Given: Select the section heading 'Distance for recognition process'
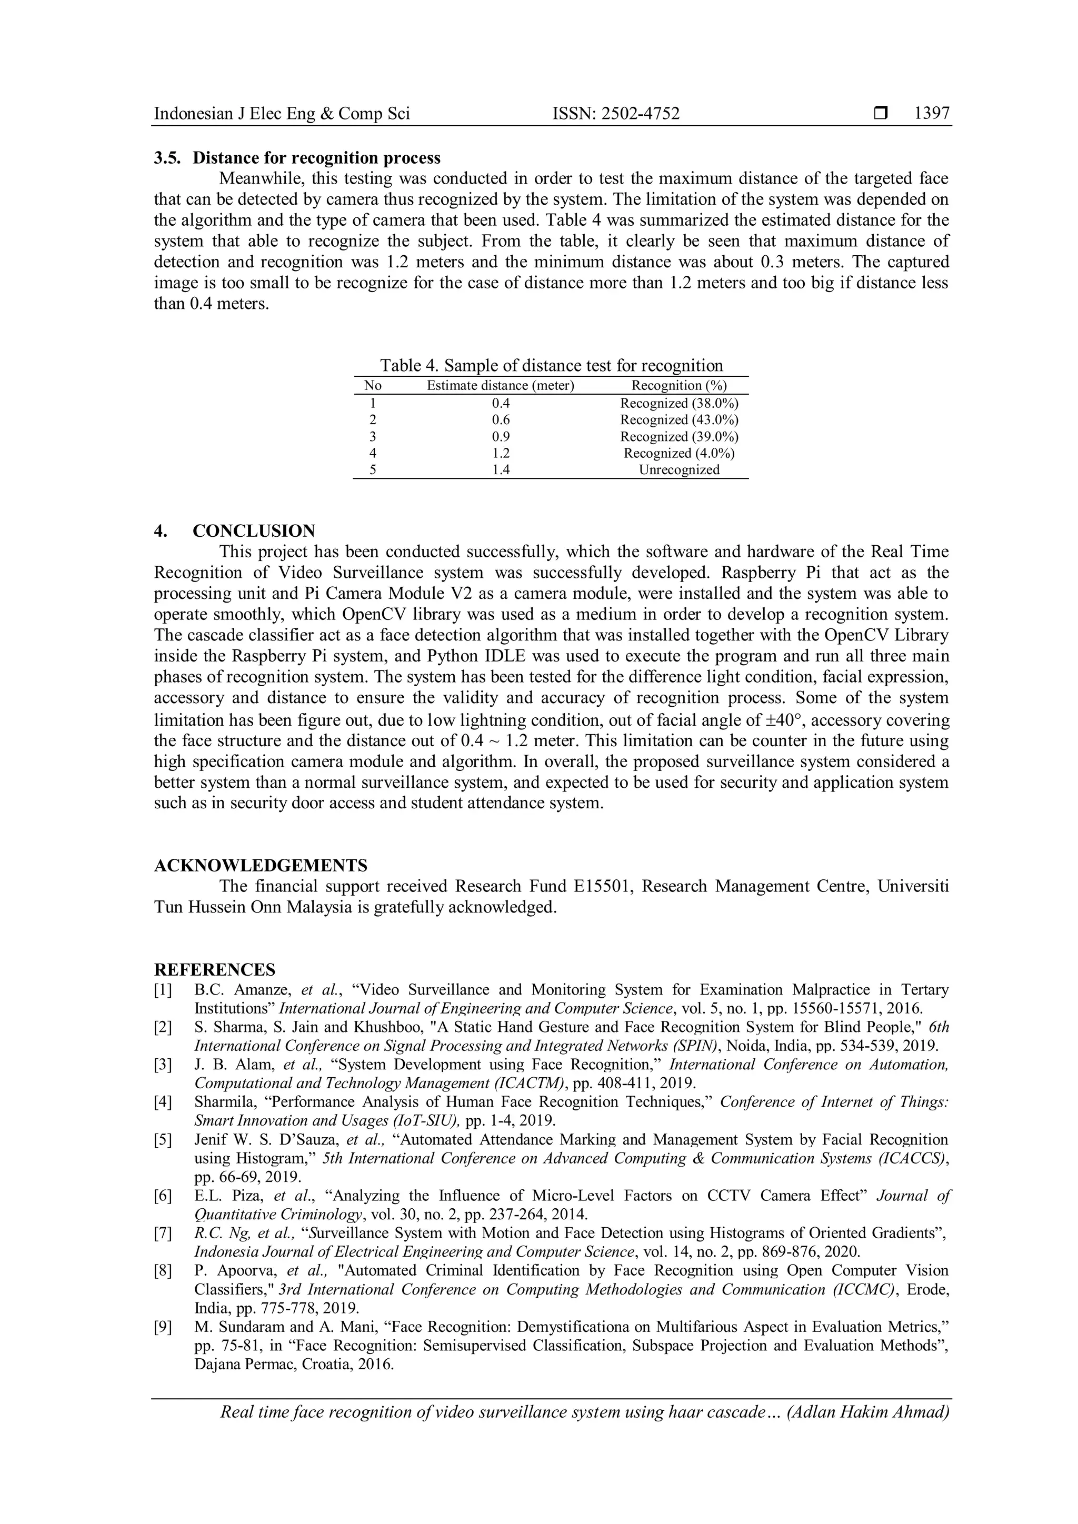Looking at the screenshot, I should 317,158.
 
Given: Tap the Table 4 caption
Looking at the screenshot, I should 551,366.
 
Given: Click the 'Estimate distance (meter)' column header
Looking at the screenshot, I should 500,386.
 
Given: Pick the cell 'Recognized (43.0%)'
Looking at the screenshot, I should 679,420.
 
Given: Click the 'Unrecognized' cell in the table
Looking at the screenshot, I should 679,470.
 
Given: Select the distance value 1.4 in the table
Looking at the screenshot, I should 501,470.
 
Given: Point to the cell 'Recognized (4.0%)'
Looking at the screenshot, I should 679,453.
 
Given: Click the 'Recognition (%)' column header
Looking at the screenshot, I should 679,386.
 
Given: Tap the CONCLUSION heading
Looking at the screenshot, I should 254,531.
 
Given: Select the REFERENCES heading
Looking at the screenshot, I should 214,970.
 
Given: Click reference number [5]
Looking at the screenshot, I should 163,1140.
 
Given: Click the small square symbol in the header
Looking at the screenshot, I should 880,114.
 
